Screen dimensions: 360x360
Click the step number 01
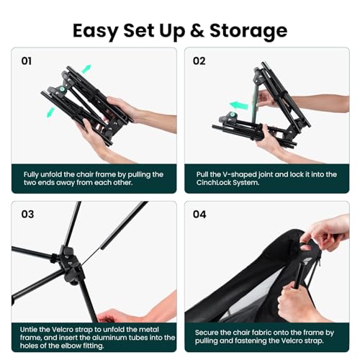point(27,61)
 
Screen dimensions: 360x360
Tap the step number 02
point(199,61)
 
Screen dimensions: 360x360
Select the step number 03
point(27,214)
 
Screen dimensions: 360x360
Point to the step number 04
point(199,214)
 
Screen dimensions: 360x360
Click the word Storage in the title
point(248,31)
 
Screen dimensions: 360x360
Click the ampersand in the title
point(197,31)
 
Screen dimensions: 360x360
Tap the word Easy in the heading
point(95,32)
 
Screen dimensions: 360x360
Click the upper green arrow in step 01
point(86,68)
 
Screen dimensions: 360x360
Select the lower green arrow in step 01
point(50,112)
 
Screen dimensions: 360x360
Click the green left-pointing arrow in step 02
point(239,105)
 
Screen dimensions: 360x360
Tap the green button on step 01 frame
point(62,89)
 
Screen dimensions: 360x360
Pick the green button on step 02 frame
point(232,114)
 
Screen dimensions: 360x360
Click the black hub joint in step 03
point(70,264)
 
